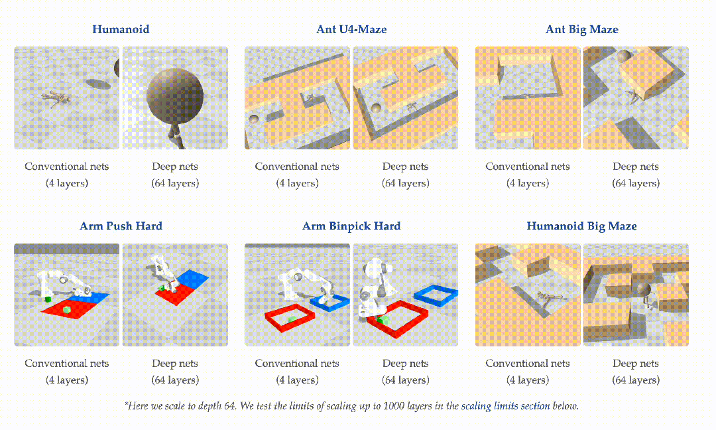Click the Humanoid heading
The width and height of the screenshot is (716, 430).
[121, 29]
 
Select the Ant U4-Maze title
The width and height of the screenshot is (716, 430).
[351, 29]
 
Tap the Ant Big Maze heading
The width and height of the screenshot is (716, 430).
[582, 29]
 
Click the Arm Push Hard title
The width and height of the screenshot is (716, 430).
[121, 226]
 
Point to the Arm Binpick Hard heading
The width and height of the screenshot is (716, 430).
[351, 226]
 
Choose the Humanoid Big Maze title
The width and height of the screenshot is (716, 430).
[581, 226]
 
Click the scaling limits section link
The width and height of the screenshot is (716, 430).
[505, 406]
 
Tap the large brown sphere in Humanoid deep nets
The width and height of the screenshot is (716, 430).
[175, 96]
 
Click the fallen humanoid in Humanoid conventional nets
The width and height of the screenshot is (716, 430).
[55, 98]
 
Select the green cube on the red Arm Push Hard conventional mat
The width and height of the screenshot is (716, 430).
[67, 311]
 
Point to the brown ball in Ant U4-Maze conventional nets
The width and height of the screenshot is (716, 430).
[253, 119]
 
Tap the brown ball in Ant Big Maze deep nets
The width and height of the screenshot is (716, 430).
[625, 56]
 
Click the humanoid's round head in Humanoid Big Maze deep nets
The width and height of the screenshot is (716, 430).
[644, 289]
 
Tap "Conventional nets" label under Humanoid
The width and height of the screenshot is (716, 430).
[67, 167]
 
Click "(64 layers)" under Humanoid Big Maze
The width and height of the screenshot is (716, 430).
[636, 380]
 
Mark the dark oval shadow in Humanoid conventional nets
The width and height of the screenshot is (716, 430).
[98, 84]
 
